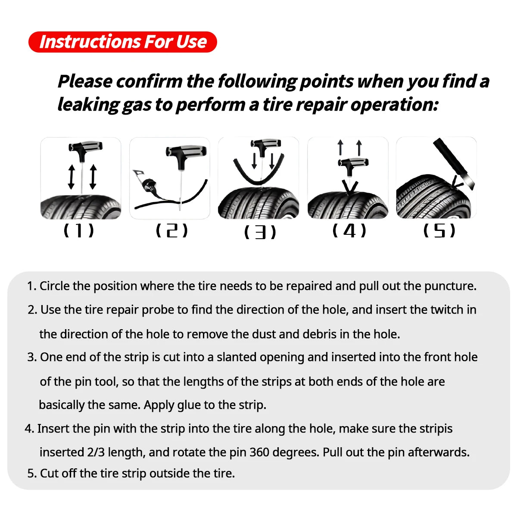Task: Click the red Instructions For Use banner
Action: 122,42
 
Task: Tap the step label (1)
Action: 78,230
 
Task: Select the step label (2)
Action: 171,230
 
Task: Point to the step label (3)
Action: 260,232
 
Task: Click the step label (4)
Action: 349,230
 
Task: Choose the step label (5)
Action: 439,231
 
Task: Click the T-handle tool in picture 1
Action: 85,149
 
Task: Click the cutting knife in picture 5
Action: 452,162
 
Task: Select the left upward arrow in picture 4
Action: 340,147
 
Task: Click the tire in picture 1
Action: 81,207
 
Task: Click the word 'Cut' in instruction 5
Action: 49,473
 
